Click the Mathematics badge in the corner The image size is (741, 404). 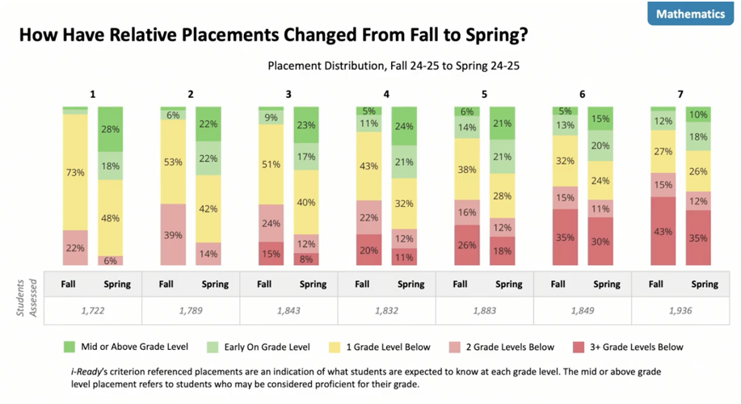point(689,15)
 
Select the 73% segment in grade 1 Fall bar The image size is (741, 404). point(75,172)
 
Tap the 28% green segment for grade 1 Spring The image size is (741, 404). point(110,129)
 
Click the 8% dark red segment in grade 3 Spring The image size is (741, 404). point(305,259)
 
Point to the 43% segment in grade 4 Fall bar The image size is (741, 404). point(369,166)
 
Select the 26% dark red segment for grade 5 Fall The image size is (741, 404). point(467,245)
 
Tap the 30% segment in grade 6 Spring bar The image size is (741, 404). point(600,241)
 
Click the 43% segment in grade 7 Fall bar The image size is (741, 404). point(663,230)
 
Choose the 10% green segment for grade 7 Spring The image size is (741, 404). point(697,115)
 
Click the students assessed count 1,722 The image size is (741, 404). point(93,309)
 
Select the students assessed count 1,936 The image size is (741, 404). point(680,309)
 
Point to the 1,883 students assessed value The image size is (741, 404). point(484,309)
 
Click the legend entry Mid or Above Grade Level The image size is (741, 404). point(134,347)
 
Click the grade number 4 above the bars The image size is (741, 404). point(386,95)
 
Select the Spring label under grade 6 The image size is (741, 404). point(607,284)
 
